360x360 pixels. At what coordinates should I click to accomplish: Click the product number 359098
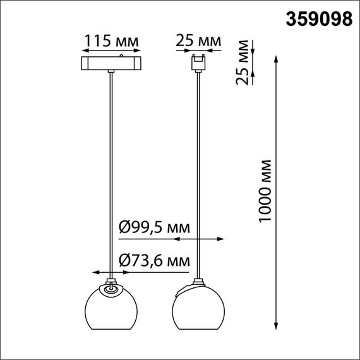click(319, 20)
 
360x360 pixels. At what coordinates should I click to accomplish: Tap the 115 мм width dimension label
click(111, 42)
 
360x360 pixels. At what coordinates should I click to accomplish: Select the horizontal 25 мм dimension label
click(198, 42)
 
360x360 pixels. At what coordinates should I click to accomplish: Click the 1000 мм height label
click(265, 189)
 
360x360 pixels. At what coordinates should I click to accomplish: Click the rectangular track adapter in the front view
click(111, 64)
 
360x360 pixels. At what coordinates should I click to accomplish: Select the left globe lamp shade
click(111, 308)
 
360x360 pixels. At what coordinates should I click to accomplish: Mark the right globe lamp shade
click(198, 308)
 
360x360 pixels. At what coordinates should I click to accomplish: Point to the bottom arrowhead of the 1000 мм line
click(277, 325)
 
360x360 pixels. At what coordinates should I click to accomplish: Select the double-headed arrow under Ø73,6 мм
click(111, 272)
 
